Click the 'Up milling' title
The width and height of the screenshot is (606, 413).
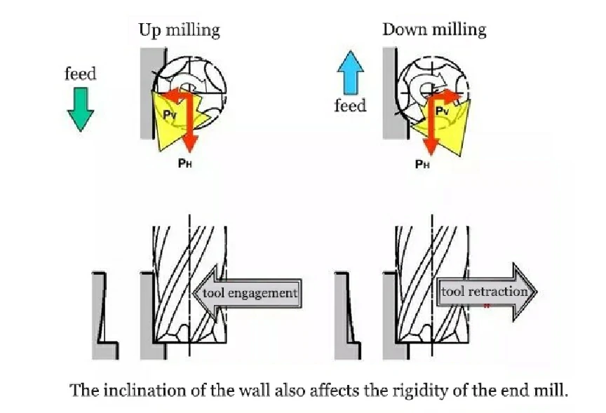point(178,30)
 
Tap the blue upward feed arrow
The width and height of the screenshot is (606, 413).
point(350,74)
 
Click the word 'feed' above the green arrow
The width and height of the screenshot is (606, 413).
point(80,74)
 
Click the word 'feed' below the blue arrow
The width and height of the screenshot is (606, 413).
point(350,106)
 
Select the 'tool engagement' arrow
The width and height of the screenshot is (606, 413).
point(246,292)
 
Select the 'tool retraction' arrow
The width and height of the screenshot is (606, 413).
point(486,292)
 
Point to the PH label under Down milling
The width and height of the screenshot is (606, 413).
point(422,164)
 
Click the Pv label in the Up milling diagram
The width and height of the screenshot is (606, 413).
point(170,114)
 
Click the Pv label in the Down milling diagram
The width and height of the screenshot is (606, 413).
point(443,111)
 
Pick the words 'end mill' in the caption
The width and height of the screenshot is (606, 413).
point(539,390)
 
